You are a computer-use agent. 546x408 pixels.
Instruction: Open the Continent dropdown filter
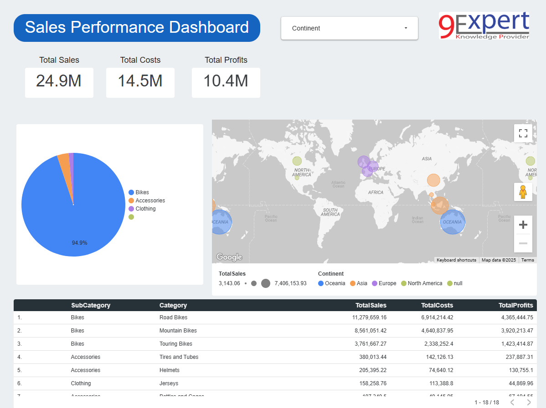click(x=349, y=28)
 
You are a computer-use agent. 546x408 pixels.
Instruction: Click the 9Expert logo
click(x=484, y=25)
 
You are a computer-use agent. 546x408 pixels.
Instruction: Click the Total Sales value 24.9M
click(x=59, y=81)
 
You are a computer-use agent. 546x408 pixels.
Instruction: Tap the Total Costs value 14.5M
click(x=140, y=81)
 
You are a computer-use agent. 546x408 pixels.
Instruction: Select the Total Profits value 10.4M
click(x=226, y=81)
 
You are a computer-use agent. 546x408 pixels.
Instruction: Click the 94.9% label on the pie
click(x=79, y=243)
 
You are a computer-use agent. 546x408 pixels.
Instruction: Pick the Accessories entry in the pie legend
click(x=150, y=201)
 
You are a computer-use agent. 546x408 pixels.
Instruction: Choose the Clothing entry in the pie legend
click(x=145, y=209)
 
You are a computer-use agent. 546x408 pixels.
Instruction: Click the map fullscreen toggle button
click(x=523, y=133)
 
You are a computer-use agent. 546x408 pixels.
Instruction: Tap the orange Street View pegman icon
click(x=523, y=192)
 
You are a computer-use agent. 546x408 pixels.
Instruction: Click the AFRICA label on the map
click(x=376, y=192)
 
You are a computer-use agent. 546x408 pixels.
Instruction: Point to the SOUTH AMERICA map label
click(x=330, y=212)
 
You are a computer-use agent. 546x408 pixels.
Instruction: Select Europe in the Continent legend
click(x=387, y=283)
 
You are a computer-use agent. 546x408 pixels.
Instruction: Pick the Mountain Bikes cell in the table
click(x=178, y=331)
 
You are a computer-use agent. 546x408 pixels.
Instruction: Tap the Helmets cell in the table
click(x=169, y=370)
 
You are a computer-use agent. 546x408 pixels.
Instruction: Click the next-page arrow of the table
click(x=529, y=403)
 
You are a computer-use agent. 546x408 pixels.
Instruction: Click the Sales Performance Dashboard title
click(x=137, y=28)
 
